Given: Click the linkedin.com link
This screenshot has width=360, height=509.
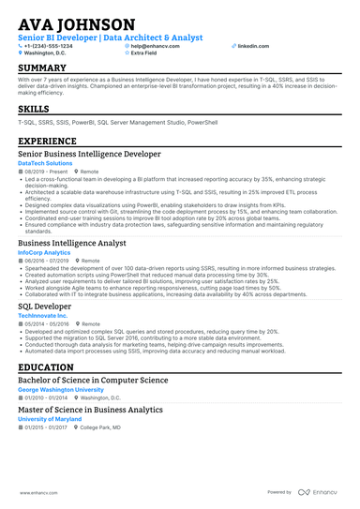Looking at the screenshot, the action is (253, 45).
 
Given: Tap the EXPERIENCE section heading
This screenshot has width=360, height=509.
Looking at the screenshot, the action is (47, 141).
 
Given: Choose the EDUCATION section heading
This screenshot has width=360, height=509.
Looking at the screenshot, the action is (46, 367).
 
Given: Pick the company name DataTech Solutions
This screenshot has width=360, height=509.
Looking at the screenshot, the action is (50, 163).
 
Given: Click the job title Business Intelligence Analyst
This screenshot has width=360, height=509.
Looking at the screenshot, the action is (72, 243).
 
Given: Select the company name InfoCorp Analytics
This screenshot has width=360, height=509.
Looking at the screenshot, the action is (44, 252).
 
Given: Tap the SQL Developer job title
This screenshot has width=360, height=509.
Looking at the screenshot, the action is (44, 306).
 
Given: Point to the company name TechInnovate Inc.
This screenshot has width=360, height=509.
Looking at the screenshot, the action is (43, 316).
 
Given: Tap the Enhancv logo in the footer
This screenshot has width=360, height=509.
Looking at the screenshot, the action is (322, 491).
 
